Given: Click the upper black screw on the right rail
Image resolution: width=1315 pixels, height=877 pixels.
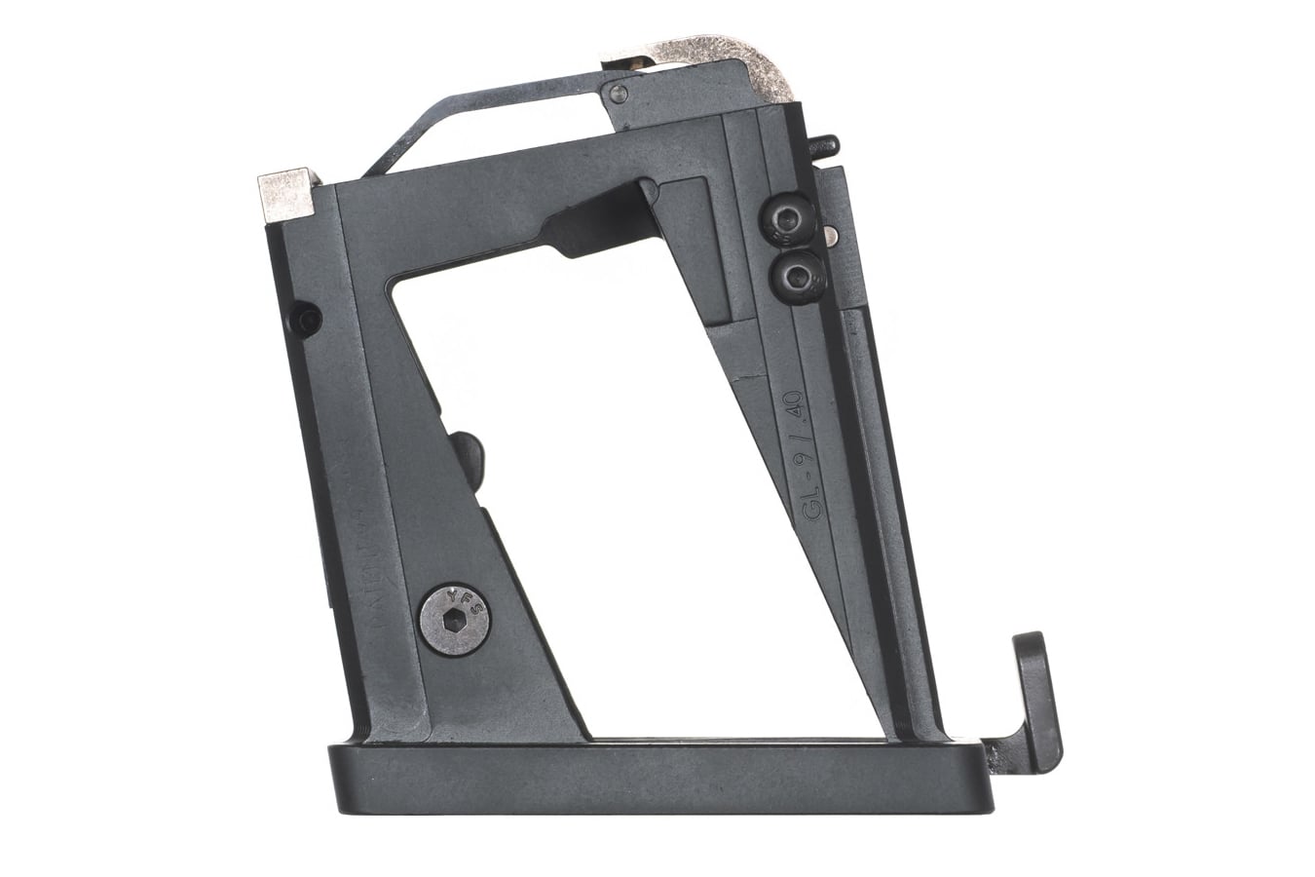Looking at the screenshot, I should (x=787, y=221).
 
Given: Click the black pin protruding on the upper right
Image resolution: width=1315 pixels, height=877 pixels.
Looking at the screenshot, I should (x=827, y=146).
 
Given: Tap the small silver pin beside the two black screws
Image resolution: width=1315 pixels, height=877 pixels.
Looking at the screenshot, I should (x=829, y=234).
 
